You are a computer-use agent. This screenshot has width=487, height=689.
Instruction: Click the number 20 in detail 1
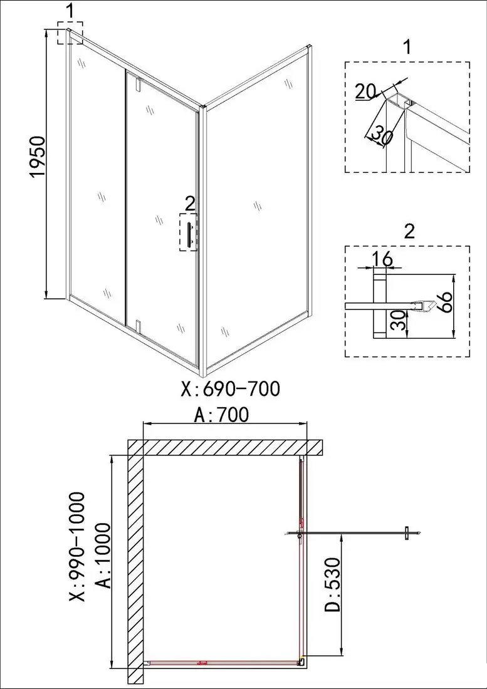tap(365, 91)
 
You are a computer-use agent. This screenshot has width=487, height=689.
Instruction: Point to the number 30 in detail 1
tap(380, 134)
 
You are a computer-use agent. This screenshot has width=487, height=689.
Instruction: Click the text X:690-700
tap(229, 390)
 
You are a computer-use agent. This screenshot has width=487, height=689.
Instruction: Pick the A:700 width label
tap(222, 414)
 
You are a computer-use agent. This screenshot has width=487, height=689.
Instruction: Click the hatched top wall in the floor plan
tap(226, 447)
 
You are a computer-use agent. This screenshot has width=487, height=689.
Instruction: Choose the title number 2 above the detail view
tap(409, 231)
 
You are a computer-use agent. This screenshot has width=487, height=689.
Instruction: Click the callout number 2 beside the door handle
tap(190, 202)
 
